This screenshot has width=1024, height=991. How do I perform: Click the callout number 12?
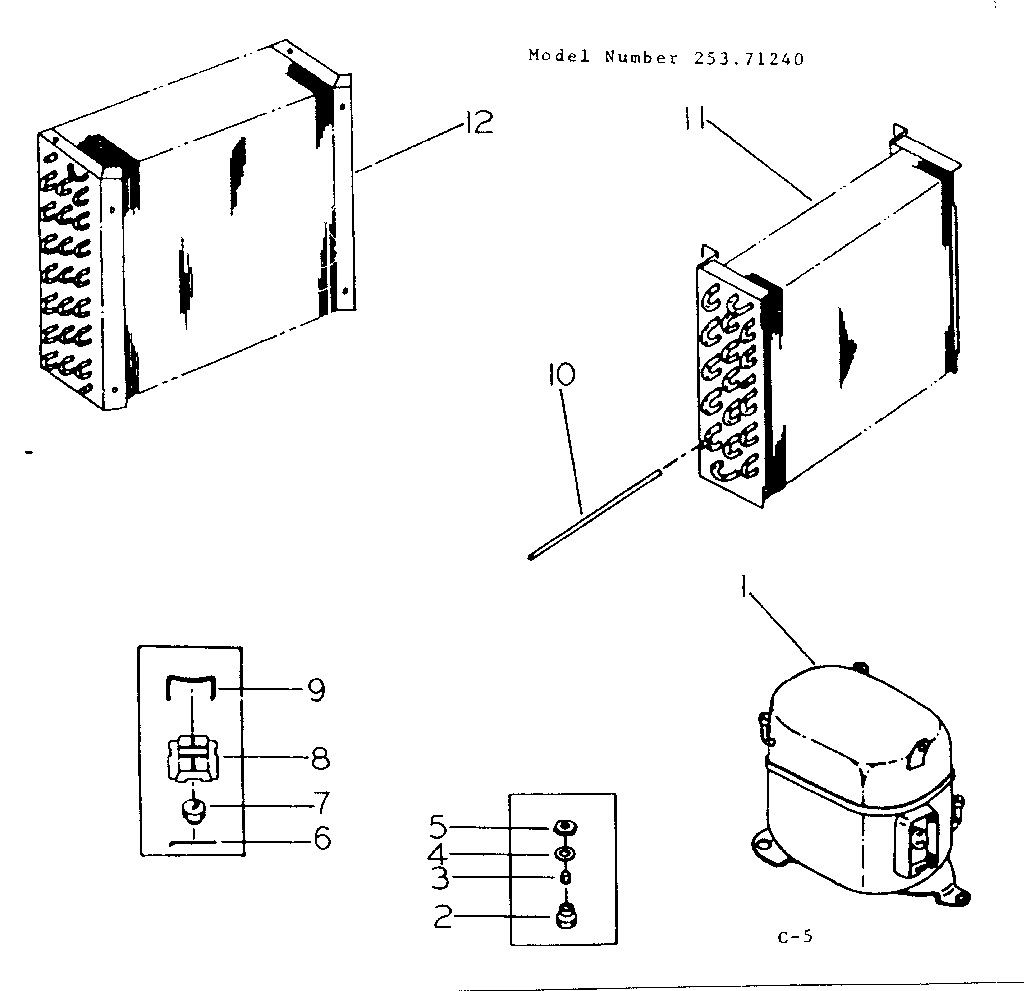tap(478, 123)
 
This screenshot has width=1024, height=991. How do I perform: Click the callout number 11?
tap(696, 121)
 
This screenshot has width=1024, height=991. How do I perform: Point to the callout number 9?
tap(316, 691)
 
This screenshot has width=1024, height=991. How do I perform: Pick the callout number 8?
tap(320, 758)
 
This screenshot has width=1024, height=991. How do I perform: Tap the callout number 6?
tap(321, 839)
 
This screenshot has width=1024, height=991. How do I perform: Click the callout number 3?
tap(439, 880)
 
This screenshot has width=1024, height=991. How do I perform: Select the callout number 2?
tap(441, 916)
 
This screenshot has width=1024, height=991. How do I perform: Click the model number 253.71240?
tap(748, 58)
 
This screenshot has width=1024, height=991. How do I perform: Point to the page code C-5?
tap(795, 937)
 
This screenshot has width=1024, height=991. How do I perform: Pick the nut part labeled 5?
tap(565, 827)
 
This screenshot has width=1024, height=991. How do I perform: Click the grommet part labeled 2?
tap(566, 915)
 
